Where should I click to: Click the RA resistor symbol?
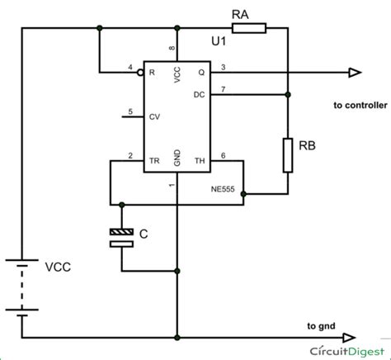pos(248,29)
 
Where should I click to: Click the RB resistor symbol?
pos(288,156)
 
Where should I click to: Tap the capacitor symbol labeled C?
pos(122,239)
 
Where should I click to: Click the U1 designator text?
pos(219,41)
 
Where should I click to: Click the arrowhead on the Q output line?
pos(354,73)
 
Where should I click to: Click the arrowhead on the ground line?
pos(351,338)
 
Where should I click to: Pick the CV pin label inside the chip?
pos(154,117)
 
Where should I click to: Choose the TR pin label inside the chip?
pos(153,161)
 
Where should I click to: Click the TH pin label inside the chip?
pos(199,161)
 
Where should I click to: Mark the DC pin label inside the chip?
pos(199,94)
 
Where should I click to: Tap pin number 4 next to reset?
pos(130,66)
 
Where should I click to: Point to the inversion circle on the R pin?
pos(141,73)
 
